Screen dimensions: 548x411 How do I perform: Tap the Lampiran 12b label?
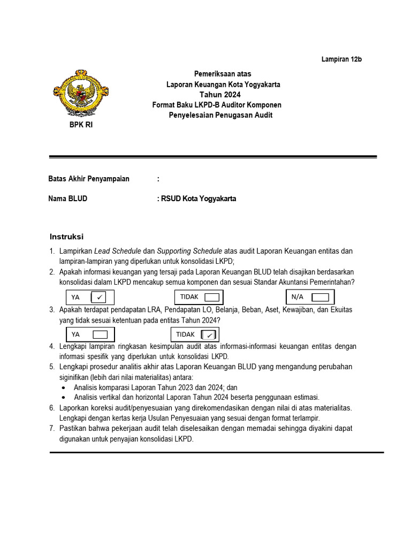pos(341,59)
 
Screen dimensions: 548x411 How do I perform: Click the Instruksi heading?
pos(67,237)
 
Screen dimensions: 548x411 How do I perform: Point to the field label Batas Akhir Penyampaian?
pos(89,179)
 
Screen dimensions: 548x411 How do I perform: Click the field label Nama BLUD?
pos(68,199)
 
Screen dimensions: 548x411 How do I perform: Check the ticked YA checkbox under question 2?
pos(99,297)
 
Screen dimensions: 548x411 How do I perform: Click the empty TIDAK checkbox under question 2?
pos(211,297)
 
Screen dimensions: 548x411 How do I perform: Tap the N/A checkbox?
pos(320,297)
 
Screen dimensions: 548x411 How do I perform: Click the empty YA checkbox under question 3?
pos(100,334)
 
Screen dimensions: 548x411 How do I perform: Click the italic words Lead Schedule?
pos(118,251)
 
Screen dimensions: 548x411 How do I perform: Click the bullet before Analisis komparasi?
pos(64,387)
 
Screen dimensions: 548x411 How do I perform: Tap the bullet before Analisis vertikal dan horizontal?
pos(64,397)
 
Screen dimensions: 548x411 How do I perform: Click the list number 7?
pos(52,429)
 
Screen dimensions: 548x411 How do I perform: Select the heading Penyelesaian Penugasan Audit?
pos(220,115)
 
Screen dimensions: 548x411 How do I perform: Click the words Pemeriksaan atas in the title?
pos(222,73)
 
